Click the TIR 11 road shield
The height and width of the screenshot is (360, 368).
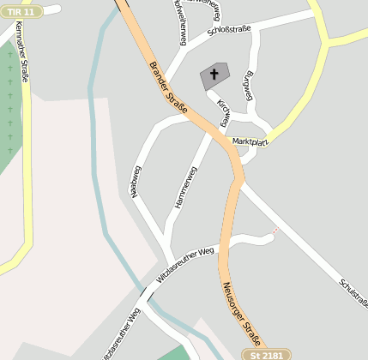click(x=18, y=12)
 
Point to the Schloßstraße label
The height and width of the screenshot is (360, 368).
click(x=229, y=33)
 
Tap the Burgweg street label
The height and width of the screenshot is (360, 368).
click(x=250, y=85)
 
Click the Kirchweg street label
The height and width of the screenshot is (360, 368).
click(x=225, y=112)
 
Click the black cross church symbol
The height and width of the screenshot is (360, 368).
click(x=214, y=75)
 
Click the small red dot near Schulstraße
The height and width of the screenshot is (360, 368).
click(x=274, y=231)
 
